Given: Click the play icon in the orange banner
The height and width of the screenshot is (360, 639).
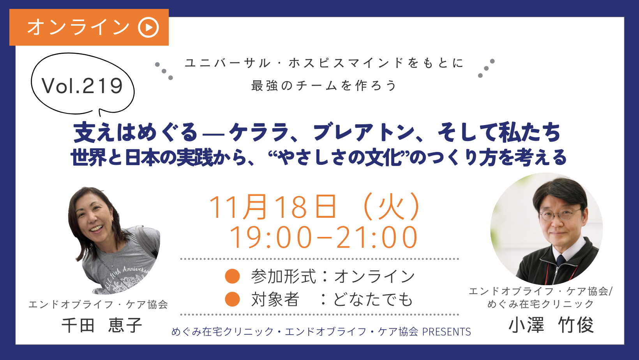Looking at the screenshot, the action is point(148,27).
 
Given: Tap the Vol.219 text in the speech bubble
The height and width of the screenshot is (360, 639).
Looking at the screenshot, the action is point(83,86).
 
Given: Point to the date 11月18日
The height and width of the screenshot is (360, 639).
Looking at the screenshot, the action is point(273,207).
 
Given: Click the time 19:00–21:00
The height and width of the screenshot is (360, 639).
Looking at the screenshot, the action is point(323,237).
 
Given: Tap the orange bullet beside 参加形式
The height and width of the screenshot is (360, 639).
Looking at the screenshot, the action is point(232,276).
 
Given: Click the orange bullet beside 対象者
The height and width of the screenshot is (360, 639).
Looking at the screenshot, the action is point(232,299).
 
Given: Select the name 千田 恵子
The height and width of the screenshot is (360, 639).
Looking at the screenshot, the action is point(102,325).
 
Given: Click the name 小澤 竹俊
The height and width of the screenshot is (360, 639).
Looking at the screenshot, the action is point(551,325).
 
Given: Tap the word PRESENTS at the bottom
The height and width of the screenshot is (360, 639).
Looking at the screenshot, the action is point(447,332).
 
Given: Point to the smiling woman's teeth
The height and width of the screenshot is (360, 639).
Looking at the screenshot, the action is point(96,229).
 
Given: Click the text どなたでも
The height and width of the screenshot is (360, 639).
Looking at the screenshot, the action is point(373,299).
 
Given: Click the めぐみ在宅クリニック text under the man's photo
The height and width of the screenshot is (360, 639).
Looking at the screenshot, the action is point(540,304).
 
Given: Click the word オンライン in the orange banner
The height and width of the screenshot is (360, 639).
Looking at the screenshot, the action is point(78,27).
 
